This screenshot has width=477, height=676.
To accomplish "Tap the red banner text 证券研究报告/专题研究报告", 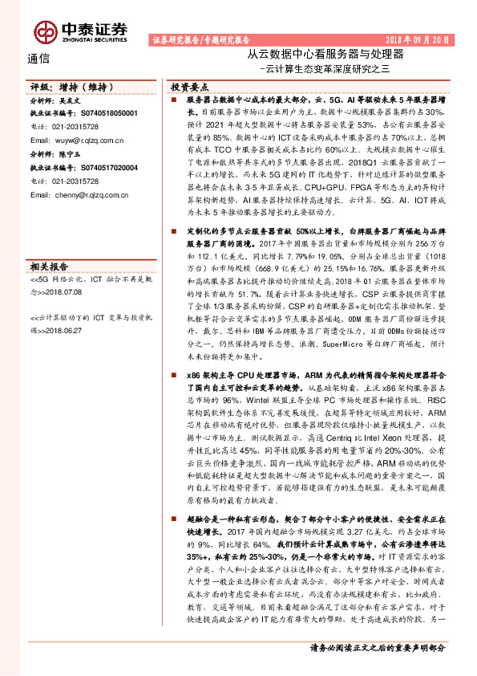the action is (x=201, y=39).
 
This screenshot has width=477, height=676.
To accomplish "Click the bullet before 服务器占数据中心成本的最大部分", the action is (x=174, y=100).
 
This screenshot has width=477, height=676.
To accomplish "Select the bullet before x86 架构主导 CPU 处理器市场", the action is (x=174, y=375).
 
